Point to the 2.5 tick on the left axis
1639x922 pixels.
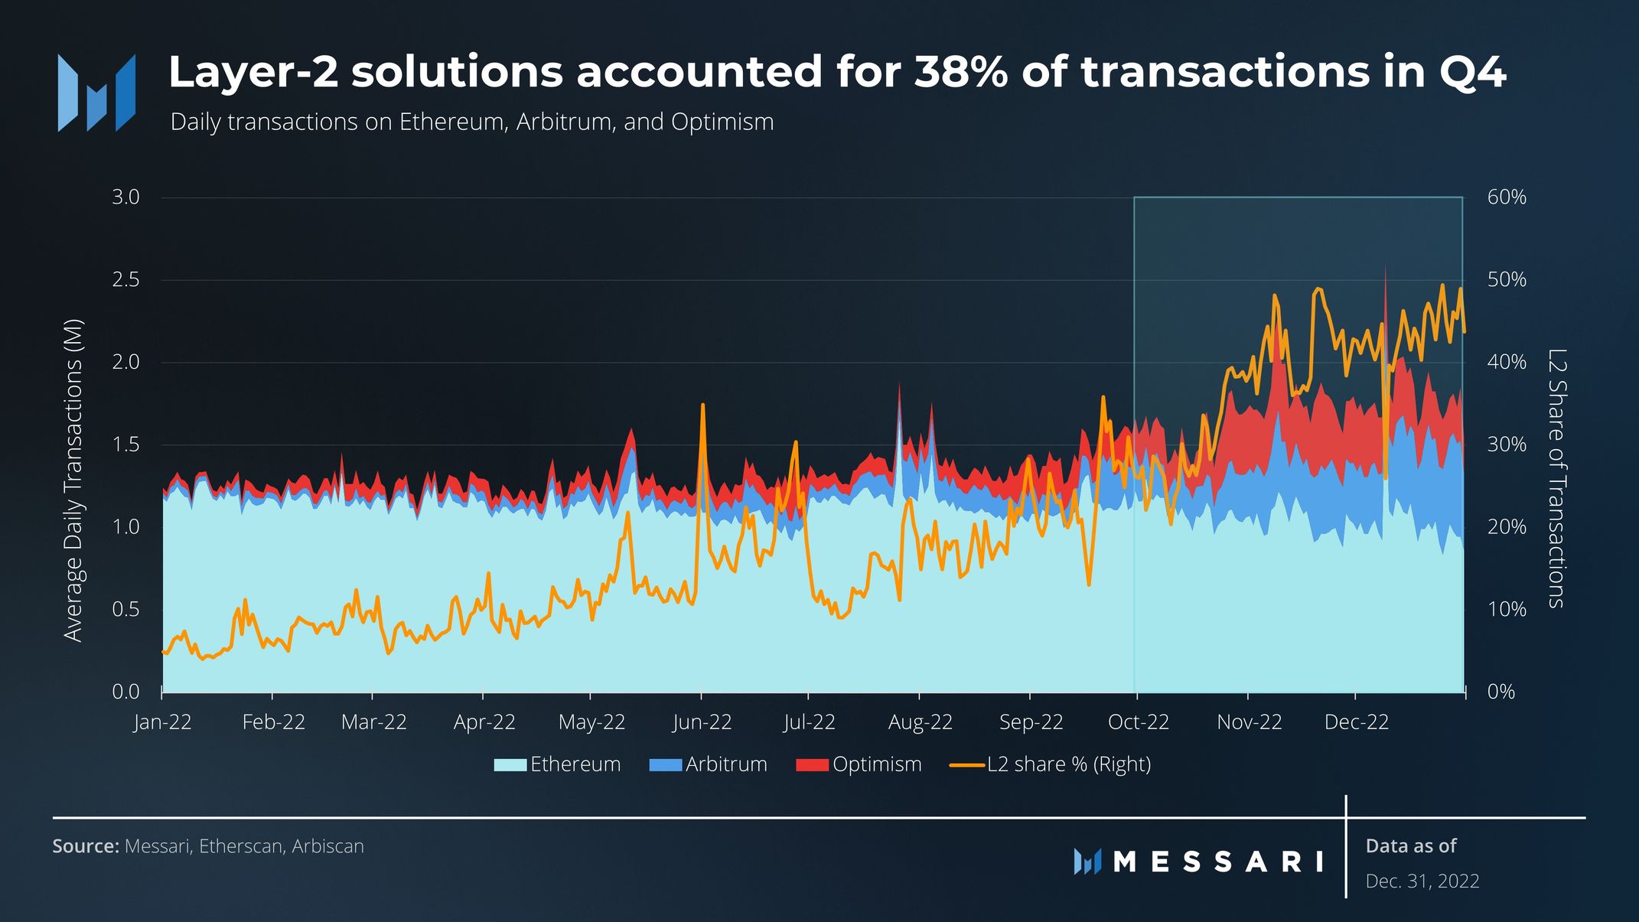tap(126, 280)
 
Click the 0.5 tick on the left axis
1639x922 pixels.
tap(126, 610)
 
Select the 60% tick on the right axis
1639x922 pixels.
tap(1506, 197)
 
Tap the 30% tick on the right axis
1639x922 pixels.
tap(1506, 445)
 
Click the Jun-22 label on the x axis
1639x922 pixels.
tap(702, 722)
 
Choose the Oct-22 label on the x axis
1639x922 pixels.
tap(1138, 722)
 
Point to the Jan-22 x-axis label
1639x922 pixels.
tap(162, 722)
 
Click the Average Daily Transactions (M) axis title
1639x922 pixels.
tap(73, 480)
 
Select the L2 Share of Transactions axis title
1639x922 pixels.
tap(1556, 478)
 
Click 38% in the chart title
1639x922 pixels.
tap(960, 72)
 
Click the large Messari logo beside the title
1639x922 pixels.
tap(96, 93)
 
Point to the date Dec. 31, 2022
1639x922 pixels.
tap(1422, 881)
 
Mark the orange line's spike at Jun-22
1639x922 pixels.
tap(702, 406)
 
